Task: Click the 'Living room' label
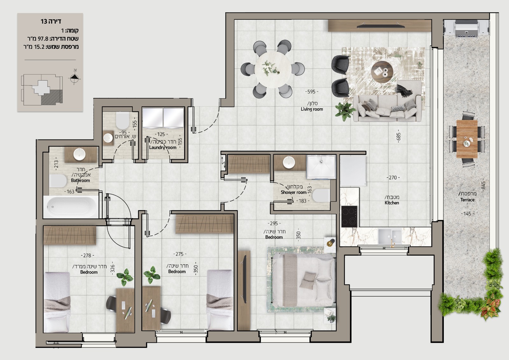point(312,109)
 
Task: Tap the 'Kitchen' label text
point(392,203)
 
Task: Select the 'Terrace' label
point(467,200)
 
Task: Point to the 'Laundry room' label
point(163,147)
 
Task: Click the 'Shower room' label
point(294,192)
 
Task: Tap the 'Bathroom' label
point(80,180)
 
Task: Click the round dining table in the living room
point(273,69)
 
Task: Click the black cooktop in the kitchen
point(349,216)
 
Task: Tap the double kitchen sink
point(390,236)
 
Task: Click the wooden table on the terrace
point(467,139)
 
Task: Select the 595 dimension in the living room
point(311,92)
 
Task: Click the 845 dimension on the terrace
point(483,185)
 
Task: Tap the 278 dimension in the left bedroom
point(87,255)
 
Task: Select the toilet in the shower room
point(321,195)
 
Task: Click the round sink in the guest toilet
point(108,138)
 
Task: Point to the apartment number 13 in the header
point(44,21)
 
